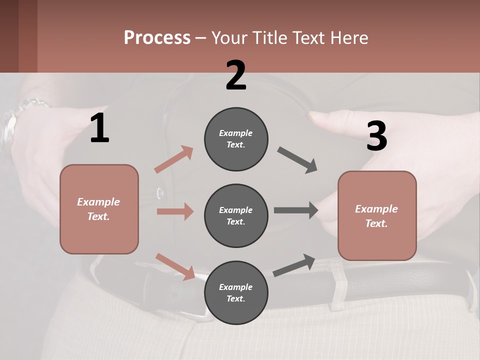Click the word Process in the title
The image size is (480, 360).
[157, 37]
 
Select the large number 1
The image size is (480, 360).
[99, 128]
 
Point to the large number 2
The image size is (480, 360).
[236, 75]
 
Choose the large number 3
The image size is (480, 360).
[376, 136]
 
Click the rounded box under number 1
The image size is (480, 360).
[99, 209]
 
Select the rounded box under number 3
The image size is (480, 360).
[377, 216]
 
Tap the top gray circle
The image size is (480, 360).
[236, 139]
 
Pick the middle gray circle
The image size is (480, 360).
[236, 215]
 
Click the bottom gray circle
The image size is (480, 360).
[236, 292]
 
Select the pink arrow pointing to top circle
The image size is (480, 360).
[174, 159]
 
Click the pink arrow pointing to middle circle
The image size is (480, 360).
[175, 211]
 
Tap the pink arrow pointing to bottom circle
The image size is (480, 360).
[175, 266]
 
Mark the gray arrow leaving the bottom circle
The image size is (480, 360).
[294, 265]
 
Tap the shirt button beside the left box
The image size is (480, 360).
[160, 192]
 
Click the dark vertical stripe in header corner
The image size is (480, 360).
[28, 36]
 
